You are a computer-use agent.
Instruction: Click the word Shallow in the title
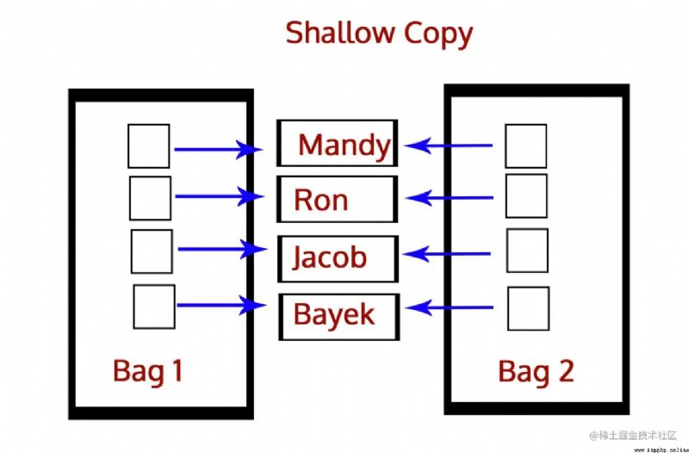click(x=340, y=33)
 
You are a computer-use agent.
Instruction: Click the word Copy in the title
click(x=438, y=34)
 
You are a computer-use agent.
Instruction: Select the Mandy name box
click(x=337, y=143)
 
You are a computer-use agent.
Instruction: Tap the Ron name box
click(x=337, y=199)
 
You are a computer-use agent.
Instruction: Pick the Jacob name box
click(x=338, y=258)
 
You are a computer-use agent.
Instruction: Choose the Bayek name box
click(x=338, y=316)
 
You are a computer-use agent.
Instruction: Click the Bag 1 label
click(x=147, y=372)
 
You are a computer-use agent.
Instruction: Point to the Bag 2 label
click(x=536, y=372)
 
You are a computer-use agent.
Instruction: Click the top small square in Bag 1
click(x=149, y=146)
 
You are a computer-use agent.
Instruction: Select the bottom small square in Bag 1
click(x=154, y=307)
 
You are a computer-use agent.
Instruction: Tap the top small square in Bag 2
click(x=526, y=146)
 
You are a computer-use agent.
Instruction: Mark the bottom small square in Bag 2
click(x=529, y=308)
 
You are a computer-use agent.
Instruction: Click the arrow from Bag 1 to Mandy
click(x=219, y=149)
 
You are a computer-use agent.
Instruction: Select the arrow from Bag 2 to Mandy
click(x=448, y=145)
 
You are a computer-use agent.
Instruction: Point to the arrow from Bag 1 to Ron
click(x=220, y=196)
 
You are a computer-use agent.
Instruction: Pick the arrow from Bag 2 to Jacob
click(x=446, y=253)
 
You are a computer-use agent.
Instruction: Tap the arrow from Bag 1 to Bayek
click(x=221, y=305)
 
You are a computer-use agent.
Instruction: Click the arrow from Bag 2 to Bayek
click(x=449, y=307)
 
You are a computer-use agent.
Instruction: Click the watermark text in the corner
click(x=633, y=435)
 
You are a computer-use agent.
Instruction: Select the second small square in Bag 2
click(x=526, y=196)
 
